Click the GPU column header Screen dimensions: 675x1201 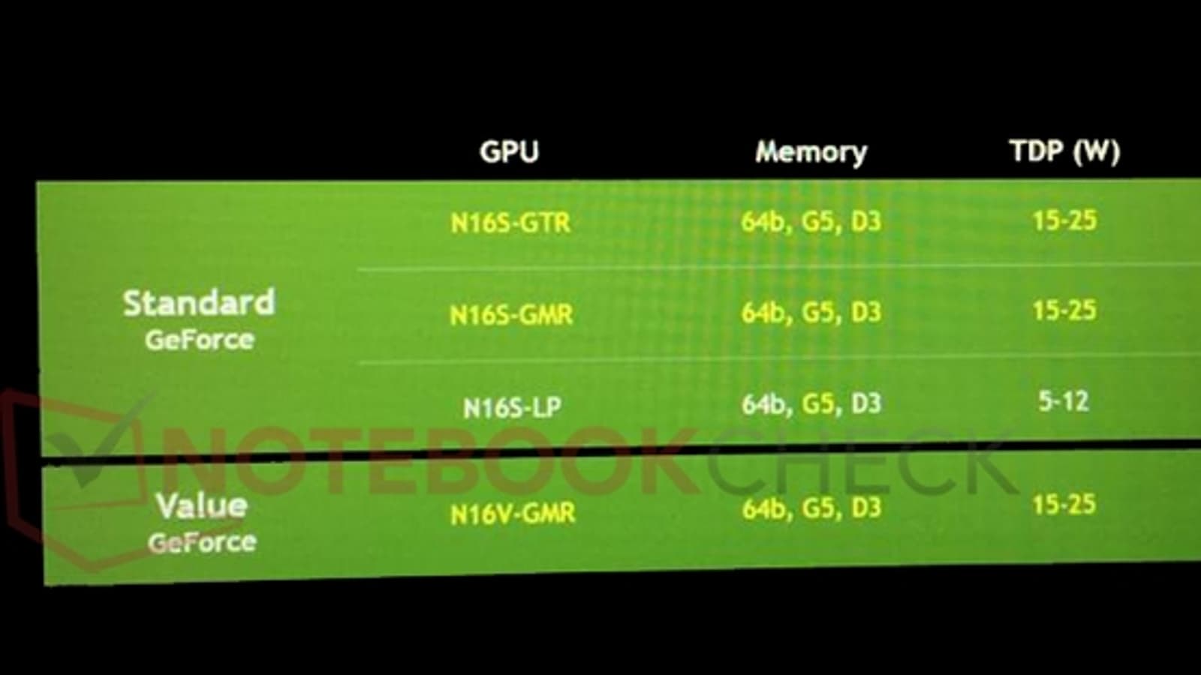(509, 151)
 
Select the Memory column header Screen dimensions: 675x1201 (811, 151)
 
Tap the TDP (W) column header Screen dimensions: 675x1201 (1064, 151)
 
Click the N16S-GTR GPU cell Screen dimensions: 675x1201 (510, 223)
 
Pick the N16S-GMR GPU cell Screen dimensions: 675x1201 (511, 314)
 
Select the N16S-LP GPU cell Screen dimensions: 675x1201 (512, 407)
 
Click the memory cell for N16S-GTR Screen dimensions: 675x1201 (811, 221)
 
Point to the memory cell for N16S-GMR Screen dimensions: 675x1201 (811, 312)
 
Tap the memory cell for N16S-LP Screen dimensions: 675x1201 (811, 403)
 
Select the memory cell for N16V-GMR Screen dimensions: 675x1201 (811, 508)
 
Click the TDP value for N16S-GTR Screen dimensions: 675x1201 (1064, 220)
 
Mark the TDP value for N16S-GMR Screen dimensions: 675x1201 (1064, 310)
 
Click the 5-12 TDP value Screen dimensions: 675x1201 (1064, 401)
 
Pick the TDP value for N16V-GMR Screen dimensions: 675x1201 (1064, 505)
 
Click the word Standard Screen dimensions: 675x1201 (199, 303)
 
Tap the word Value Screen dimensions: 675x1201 (201, 506)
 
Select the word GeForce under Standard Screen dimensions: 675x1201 (200, 340)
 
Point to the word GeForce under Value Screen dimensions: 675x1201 (202, 541)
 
